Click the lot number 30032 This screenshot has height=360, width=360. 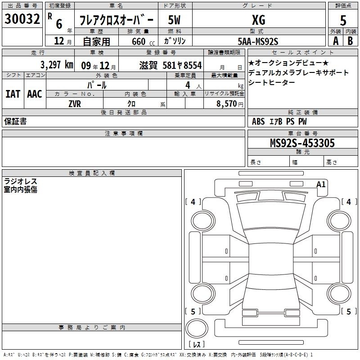pyautogui.click(x=22, y=19)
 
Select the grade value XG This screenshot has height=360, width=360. pyautogui.click(x=258, y=20)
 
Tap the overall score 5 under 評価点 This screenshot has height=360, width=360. pyautogui.click(x=343, y=20)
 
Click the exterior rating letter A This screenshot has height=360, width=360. pyautogui.click(x=336, y=41)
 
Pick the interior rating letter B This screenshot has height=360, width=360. pyautogui.click(x=350, y=41)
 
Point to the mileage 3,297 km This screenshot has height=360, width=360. pyautogui.click(x=57, y=65)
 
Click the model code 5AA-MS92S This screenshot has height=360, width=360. pyautogui.click(x=258, y=41)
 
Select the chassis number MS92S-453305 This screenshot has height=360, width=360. pyautogui.click(x=302, y=143)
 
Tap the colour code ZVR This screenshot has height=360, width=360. pyautogui.click(x=75, y=104)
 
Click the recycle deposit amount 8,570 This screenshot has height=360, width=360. pyautogui.click(x=226, y=103)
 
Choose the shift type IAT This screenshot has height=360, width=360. pyautogui.click(x=13, y=94)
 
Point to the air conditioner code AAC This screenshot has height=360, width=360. pyautogui.click(x=35, y=94)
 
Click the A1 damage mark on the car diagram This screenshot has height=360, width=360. pyautogui.click(x=321, y=184)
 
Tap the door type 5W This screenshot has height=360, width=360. pyautogui.click(x=174, y=20)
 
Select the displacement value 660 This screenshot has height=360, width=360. pyautogui.click(x=139, y=41)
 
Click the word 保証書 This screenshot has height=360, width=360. pyautogui.click(x=15, y=121)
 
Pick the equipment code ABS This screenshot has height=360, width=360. pyautogui.click(x=258, y=121)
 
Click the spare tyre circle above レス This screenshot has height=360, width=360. pyautogui.click(x=197, y=328)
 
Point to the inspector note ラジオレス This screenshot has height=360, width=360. pyautogui.click(x=20, y=181)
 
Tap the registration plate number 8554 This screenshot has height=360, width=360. pyautogui.click(x=193, y=65)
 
